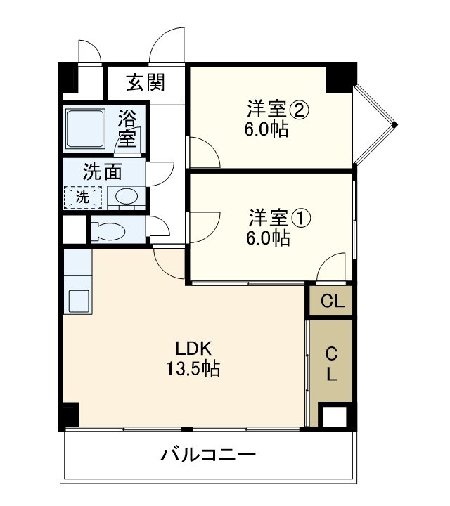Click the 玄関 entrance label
tap(146, 83)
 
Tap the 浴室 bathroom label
tap(127, 128)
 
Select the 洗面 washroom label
tap(103, 171)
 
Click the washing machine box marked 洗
tap(83, 197)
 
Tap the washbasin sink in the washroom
tap(126, 197)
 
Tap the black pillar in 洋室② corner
tap(340, 77)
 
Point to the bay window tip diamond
tap(394, 125)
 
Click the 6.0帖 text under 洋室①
tap(267, 238)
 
